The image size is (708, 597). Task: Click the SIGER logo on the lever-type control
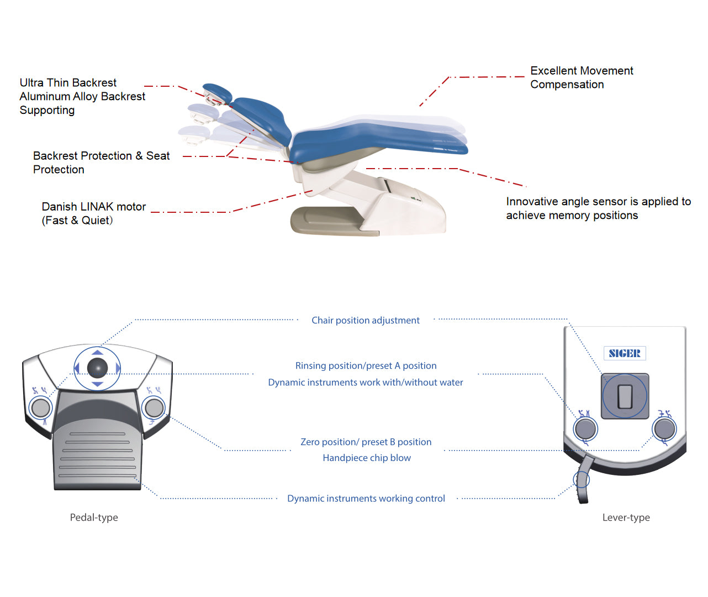pyautogui.click(x=625, y=353)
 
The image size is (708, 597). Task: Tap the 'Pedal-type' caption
pyautogui.click(x=94, y=517)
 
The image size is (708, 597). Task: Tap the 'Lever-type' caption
pyautogui.click(x=626, y=517)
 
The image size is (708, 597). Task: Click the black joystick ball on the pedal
pyautogui.click(x=97, y=368)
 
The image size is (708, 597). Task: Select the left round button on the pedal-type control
pyautogui.click(x=40, y=408)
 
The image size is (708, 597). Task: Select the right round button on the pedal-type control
pyautogui.click(x=154, y=408)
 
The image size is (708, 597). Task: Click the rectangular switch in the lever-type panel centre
pyautogui.click(x=625, y=396)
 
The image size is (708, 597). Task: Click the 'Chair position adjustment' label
pyautogui.click(x=365, y=321)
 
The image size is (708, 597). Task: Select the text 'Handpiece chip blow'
pyautogui.click(x=367, y=458)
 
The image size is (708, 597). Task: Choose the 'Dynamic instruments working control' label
pyautogui.click(x=366, y=499)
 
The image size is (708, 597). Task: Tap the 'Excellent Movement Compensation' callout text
pyautogui.click(x=581, y=77)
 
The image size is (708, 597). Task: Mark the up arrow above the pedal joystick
pyautogui.click(x=97, y=352)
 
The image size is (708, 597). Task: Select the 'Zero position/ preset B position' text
pyautogui.click(x=366, y=442)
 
